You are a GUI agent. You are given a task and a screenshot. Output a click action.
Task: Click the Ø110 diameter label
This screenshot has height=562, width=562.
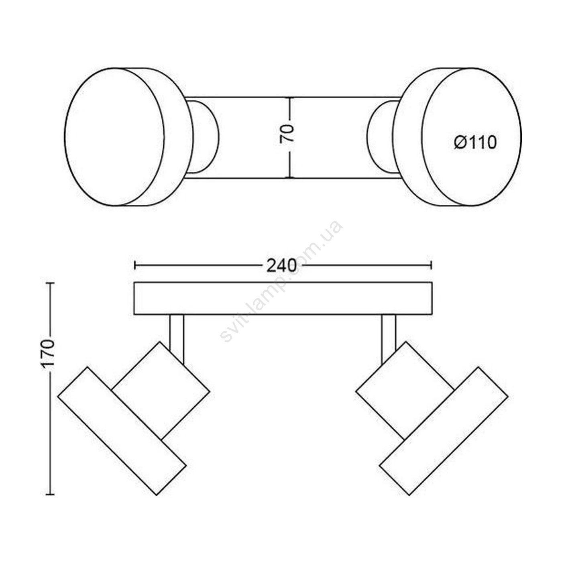(x=475, y=143)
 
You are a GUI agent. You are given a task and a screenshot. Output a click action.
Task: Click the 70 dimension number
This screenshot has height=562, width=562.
(x=287, y=134)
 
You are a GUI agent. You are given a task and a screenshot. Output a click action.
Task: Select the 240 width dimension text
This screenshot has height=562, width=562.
(x=281, y=265)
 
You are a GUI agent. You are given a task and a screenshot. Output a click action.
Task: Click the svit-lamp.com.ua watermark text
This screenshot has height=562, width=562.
(x=281, y=281)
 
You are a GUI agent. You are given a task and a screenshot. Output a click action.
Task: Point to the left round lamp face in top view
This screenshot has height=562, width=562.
(x=114, y=136)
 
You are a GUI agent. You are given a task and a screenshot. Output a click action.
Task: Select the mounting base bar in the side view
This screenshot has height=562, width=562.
(x=283, y=298)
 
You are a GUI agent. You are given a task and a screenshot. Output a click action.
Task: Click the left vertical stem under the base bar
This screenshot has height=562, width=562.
(x=177, y=339)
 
